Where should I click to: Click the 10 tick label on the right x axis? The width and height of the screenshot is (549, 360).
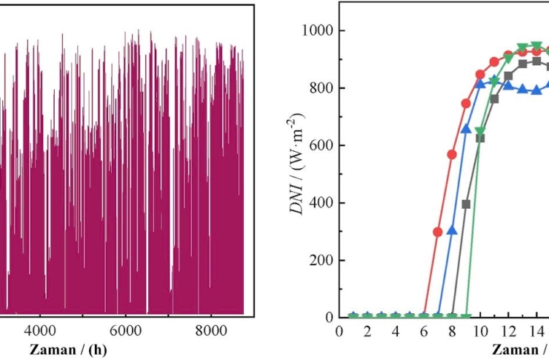pyautogui.click(x=480, y=330)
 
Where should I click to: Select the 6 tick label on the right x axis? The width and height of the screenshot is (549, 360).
pyautogui.click(x=424, y=330)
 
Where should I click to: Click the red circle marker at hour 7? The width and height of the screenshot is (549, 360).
pyautogui.click(x=438, y=232)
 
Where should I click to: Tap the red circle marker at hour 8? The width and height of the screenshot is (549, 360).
pyautogui.click(x=452, y=154)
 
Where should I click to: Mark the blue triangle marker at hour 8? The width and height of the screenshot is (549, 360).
pyautogui.click(x=452, y=230)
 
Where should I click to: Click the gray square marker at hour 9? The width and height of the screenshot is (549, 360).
pyautogui.click(x=466, y=204)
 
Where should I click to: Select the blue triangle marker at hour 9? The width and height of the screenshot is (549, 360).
pyautogui.click(x=466, y=129)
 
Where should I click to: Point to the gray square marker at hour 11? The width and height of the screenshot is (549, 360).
pyautogui.click(x=494, y=99)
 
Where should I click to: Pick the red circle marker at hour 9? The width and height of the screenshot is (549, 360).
pyautogui.click(x=466, y=103)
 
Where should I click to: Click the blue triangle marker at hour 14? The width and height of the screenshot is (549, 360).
pyautogui.click(x=536, y=90)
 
